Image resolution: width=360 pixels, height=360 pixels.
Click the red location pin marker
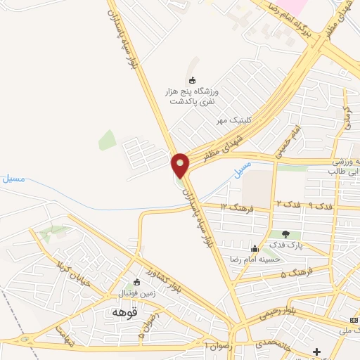coord(181,165)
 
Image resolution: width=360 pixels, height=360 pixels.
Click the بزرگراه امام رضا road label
coord(290,22)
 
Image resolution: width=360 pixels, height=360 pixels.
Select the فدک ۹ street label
coord(321,206)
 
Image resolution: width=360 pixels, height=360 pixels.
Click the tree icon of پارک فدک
coord(285,234)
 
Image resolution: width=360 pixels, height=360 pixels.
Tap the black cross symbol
coord(316,351)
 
